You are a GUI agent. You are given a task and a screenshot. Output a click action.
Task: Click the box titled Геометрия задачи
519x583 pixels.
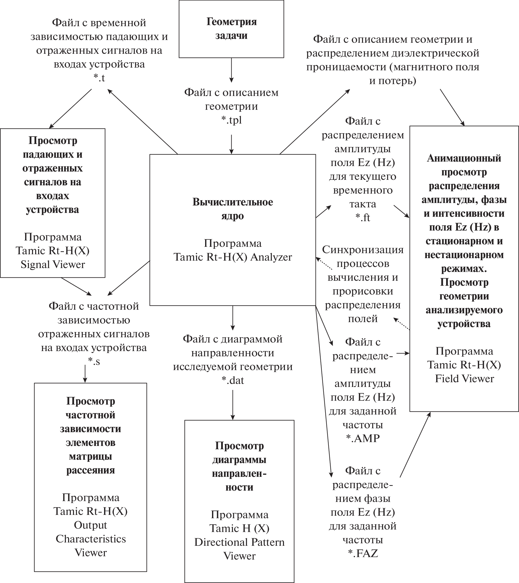coord(231,29)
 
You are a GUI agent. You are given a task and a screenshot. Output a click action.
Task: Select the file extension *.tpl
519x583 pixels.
coord(232,120)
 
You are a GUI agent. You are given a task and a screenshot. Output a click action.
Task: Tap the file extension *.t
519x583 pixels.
coord(99,77)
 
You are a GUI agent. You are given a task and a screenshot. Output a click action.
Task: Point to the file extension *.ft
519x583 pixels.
coord(362,218)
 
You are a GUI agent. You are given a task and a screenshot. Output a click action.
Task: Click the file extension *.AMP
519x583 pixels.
coord(363,438)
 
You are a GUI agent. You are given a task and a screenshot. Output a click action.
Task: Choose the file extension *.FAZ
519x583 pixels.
coord(363,553)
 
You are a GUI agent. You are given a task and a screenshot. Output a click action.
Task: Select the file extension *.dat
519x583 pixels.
coord(233,380)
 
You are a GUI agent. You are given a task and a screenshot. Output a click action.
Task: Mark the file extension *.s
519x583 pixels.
coord(94,361)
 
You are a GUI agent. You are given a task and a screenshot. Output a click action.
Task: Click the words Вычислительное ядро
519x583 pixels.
coord(233,209)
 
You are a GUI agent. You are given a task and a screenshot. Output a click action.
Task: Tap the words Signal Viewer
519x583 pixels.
coord(53,264)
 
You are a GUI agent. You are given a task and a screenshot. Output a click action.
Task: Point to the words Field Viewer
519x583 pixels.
coord(464,378)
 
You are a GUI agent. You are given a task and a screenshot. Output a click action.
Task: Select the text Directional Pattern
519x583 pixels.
coord(239,542)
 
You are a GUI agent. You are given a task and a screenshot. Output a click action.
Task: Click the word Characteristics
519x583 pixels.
coord(91,539)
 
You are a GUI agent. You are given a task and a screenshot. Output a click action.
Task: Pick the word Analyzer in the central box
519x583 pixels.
coord(271,257)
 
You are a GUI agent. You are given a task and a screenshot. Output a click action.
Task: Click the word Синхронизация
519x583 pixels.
coord(362,250)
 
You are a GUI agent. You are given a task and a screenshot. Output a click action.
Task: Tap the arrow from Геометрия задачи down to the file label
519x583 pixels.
coord(232,70)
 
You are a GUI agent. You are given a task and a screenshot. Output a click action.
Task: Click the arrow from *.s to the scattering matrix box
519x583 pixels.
coord(85,373)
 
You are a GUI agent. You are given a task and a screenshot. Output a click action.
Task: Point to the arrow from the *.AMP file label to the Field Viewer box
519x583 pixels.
coord(403,353)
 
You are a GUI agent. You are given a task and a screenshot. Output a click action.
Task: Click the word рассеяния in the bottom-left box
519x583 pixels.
coord(91,470)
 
